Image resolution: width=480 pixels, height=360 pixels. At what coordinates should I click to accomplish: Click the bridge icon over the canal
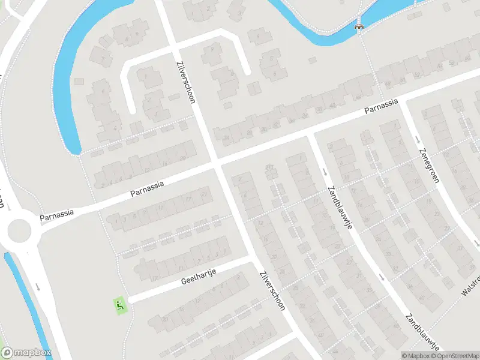(359, 25)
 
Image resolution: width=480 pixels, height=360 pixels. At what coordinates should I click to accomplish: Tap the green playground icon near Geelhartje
(120, 305)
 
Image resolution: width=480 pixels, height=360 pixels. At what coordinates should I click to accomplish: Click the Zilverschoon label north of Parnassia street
(185, 82)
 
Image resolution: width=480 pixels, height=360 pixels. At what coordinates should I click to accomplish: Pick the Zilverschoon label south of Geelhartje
(272, 290)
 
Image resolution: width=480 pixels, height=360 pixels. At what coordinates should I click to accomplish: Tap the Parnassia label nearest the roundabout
(57, 215)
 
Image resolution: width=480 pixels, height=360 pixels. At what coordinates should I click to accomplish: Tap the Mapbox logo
(26, 353)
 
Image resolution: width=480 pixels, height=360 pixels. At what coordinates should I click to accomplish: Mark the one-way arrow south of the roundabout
(37, 286)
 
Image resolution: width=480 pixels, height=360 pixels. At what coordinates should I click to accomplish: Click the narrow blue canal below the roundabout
(24, 300)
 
